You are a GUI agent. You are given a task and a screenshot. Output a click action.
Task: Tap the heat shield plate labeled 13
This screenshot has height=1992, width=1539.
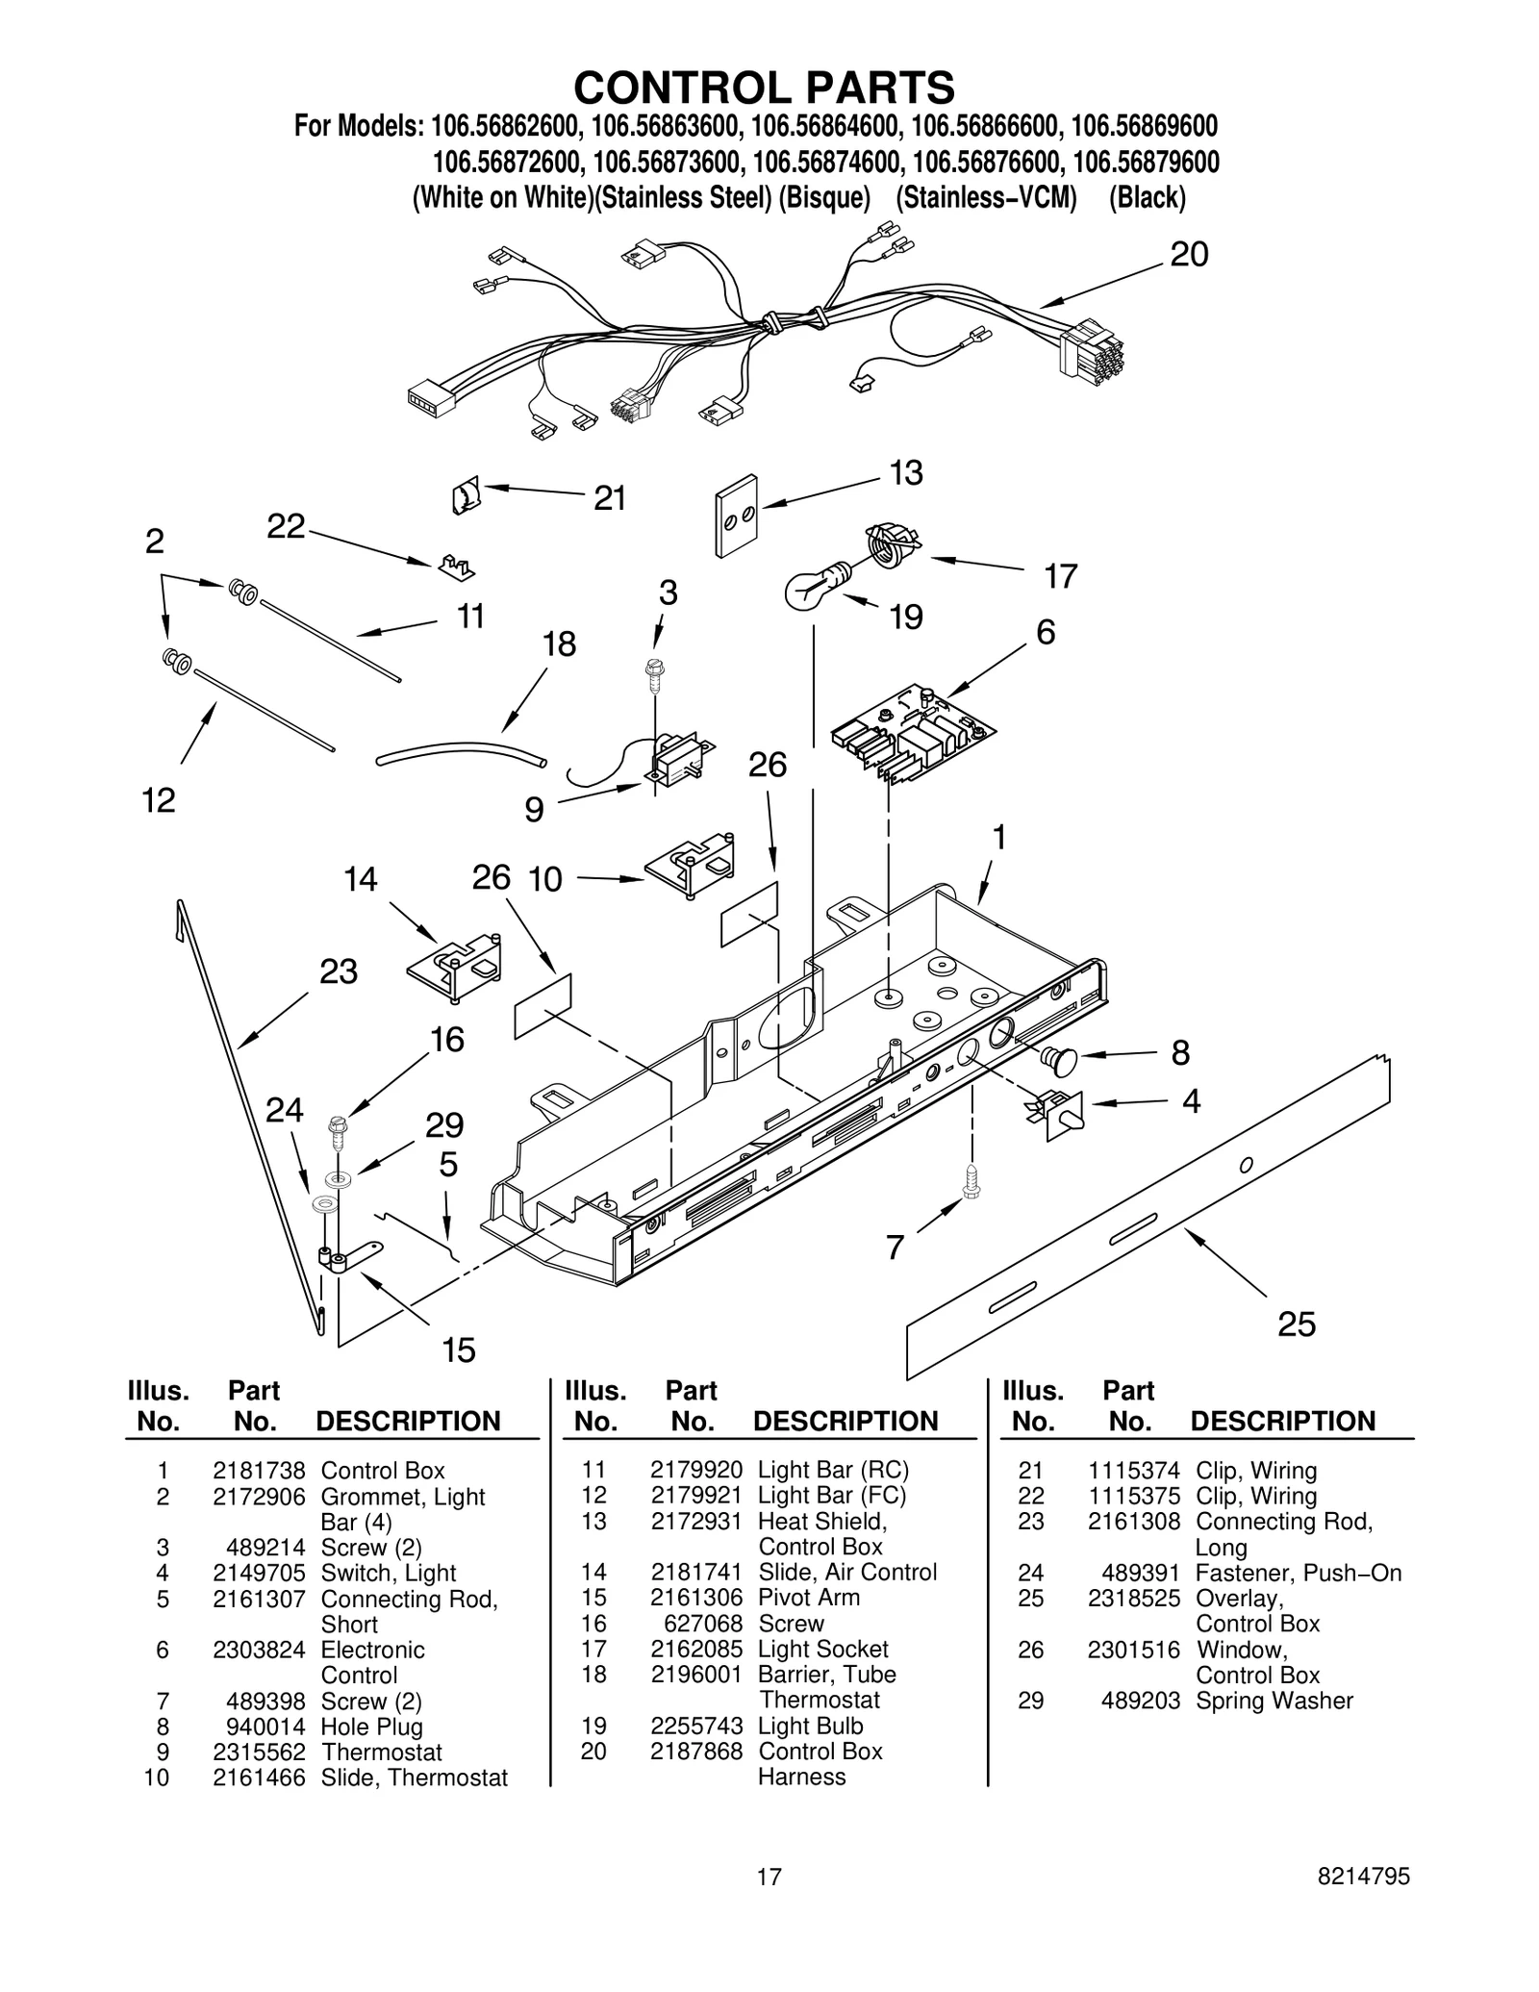[x=736, y=516]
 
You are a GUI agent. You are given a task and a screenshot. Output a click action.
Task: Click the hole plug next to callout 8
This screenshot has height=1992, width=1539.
[x=1060, y=1059]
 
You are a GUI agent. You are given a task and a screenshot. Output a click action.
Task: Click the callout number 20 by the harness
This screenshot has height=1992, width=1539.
[x=1188, y=255]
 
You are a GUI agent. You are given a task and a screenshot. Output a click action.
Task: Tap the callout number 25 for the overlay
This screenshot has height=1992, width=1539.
[x=1296, y=1324]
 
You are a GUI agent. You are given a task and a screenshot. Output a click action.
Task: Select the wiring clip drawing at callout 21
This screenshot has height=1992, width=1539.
[x=466, y=497]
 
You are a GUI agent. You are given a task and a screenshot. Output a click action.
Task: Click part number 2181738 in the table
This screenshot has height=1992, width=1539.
[x=259, y=1471]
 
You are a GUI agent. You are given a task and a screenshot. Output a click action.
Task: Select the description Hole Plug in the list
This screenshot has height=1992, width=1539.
[x=371, y=1727]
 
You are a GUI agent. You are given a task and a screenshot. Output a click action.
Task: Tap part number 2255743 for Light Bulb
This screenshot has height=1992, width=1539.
[x=696, y=1726]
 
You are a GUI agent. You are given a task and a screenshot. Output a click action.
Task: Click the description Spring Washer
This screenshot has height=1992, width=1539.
[x=1274, y=1701]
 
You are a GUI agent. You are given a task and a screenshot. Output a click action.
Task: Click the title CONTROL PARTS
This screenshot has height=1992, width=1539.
[x=764, y=88]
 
